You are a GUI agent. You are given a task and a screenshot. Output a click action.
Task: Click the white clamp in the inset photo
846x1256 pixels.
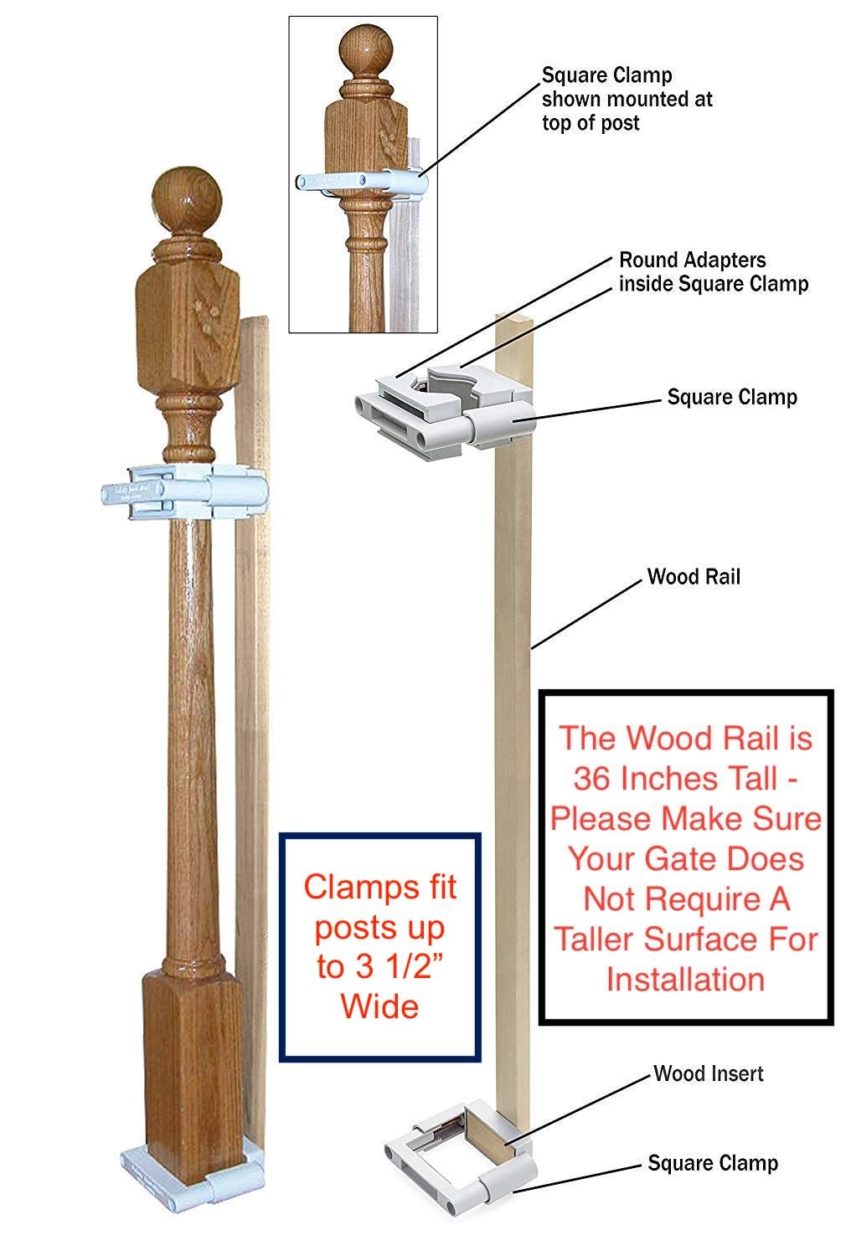[360, 182]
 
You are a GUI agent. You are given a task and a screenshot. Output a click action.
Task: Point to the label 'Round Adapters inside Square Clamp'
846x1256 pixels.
[713, 272]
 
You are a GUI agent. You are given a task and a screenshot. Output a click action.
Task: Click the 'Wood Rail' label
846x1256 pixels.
[694, 577]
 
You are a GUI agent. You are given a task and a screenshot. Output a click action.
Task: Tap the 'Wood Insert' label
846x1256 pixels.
[709, 1073]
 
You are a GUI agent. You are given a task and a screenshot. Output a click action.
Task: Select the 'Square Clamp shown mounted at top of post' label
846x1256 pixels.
[627, 99]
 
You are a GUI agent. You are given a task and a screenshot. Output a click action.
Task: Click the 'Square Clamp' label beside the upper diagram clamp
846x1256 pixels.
[732, 396]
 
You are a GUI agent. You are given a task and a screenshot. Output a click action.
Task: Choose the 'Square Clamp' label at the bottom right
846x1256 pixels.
[713, 1163]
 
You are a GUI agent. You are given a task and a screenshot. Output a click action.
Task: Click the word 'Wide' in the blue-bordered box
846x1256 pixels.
[379, 1006]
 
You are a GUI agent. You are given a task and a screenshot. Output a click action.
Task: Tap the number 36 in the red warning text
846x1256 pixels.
[594, 779]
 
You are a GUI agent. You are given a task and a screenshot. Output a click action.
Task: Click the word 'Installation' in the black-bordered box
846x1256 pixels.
[685, 979]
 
